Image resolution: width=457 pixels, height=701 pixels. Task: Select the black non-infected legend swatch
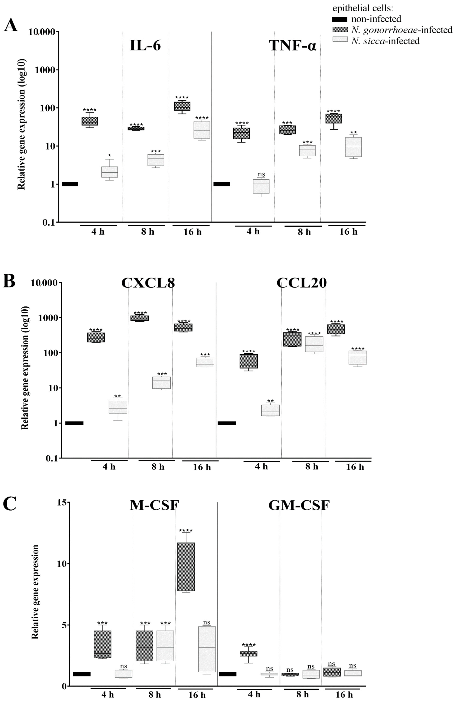click(340, 19)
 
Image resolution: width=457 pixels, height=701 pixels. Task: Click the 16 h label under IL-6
click(193, 232)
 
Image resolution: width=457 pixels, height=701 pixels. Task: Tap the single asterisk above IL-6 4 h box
click(110, 155)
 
